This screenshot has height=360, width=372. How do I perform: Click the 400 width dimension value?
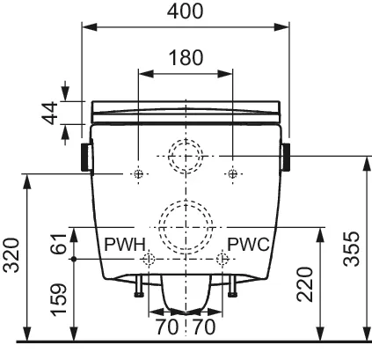click(x=185, y=11)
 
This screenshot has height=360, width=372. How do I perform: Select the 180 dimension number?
click(x=186, y=57)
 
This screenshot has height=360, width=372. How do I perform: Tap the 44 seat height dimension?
click(x=49, y=113)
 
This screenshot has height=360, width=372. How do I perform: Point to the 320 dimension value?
click(x=11, y=255)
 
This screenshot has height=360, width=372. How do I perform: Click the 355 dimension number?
click(x=351, y=249)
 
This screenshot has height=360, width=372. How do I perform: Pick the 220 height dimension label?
click(x=304, y=284)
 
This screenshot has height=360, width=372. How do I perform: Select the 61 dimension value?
click(x=59, y=244)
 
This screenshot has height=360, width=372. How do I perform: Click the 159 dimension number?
click(x=59, y=300)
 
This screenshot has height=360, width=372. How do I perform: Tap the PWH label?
click(x=125, y=244)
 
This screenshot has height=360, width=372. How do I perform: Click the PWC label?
click(x=248, y=244)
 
